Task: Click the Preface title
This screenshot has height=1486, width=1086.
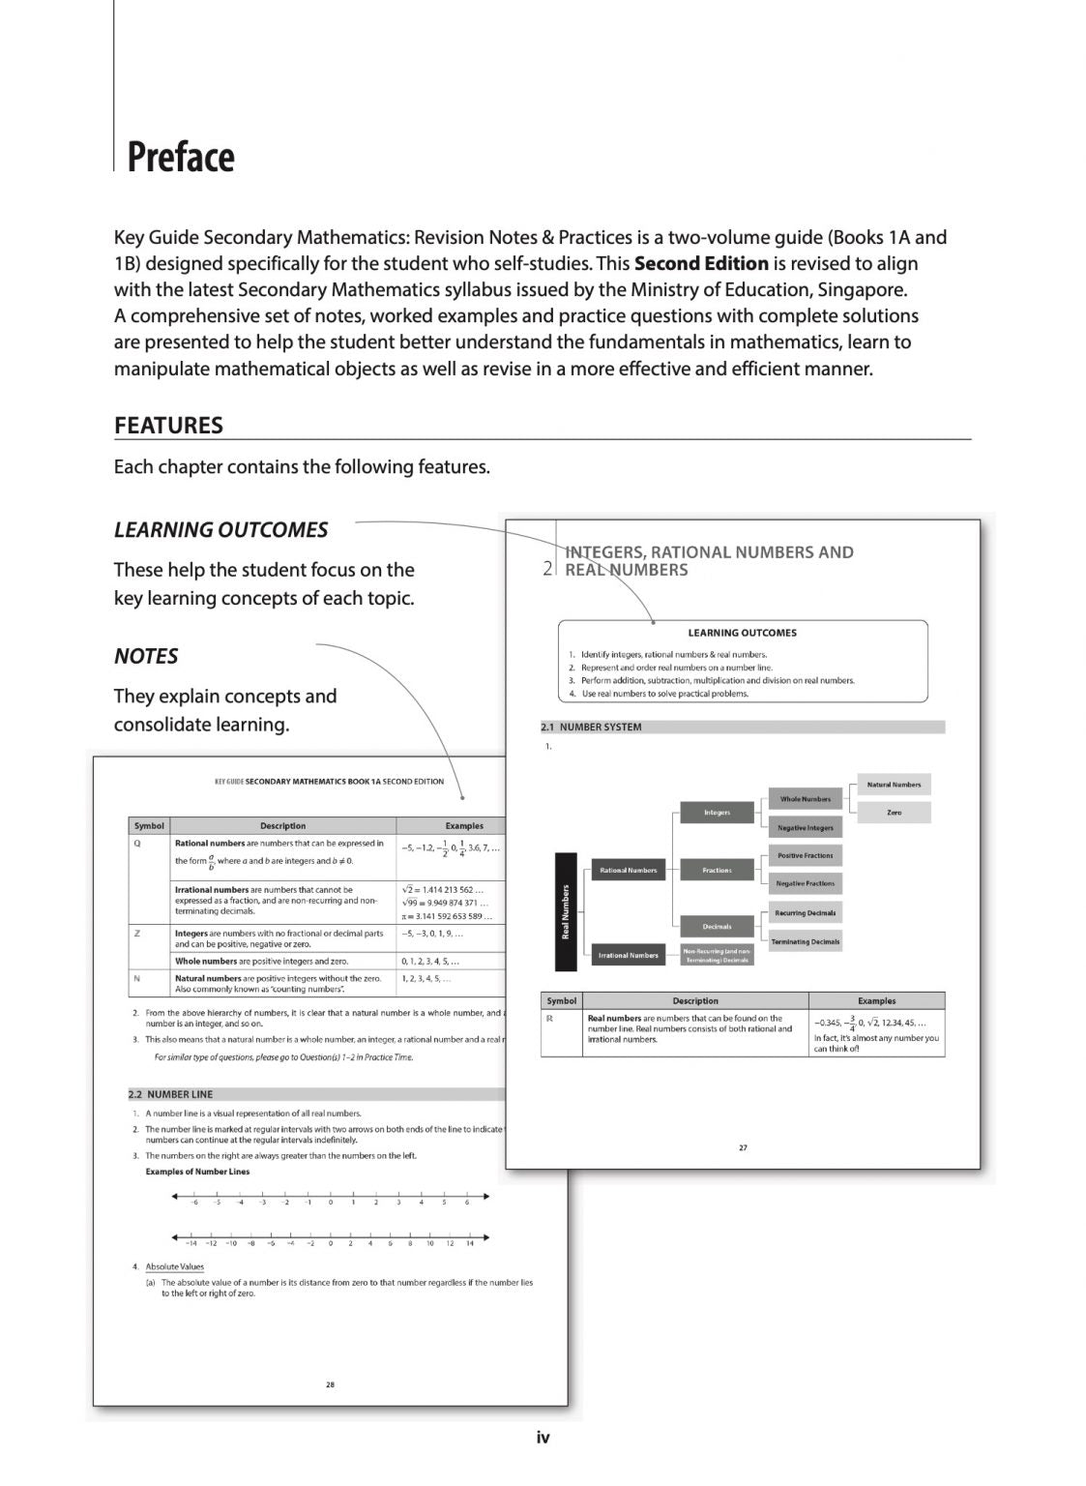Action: click(181, 157)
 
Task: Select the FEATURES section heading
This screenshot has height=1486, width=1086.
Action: click(168, 426)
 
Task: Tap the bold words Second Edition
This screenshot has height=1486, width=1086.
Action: click(701, 263)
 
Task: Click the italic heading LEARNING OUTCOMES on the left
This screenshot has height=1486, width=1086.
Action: click(220, 530)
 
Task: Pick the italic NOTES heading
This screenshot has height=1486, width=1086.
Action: click(146, 657)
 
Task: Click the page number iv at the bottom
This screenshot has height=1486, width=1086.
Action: click(543, 1438)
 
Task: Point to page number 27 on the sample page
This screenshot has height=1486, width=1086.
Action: click(743, 1147)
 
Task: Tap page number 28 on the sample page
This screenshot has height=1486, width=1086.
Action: click(330, 1384)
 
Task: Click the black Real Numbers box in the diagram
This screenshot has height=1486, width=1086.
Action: click(566, 911)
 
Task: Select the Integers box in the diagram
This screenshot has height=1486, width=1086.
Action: click(717, 813)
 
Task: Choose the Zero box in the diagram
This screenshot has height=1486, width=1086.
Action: click(894, 813)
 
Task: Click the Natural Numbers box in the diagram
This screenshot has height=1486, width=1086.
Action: click(894, 785)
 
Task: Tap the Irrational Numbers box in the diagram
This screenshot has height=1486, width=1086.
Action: click(628, 955)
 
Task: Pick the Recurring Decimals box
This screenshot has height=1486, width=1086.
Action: click(806, 913)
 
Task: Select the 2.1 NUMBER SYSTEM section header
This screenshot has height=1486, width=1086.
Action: click(591, 727)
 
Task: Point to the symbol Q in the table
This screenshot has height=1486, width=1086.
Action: click(137, 844)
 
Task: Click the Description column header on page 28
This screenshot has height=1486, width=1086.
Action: click(282, 826)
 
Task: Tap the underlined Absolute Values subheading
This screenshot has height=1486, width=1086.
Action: click(174, 1266)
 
